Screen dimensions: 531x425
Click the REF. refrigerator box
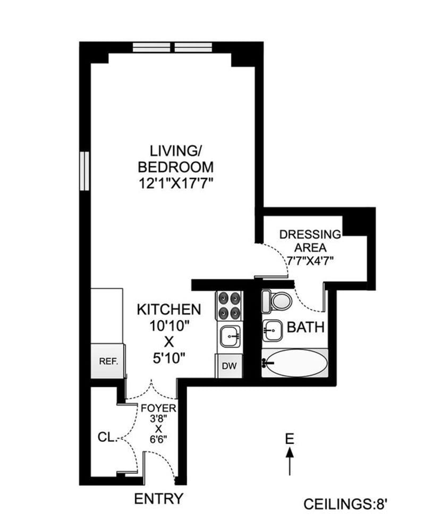click(x=107, y=362)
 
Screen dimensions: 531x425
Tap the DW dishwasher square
click(x=228, y=366)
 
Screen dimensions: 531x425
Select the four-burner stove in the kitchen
click(x=229, y=305)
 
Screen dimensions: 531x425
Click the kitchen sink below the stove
click(x=229, y=336)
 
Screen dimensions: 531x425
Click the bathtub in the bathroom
click(x=295, y=364)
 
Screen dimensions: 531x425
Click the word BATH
click(x=305, y=327)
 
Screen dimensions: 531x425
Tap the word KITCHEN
click(x=169, y=309)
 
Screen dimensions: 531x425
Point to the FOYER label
click(x=158, y=408)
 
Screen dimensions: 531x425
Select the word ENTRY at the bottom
click(x=159, y=499)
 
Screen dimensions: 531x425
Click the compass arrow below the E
click(x=290, y=461)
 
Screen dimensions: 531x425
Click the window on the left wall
click(x=83, y=171)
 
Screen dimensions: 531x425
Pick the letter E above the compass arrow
click(x=290, y=439)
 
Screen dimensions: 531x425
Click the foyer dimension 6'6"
click(x=158, y=441)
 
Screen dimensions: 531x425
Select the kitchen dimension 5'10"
click(x=169, y=357)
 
